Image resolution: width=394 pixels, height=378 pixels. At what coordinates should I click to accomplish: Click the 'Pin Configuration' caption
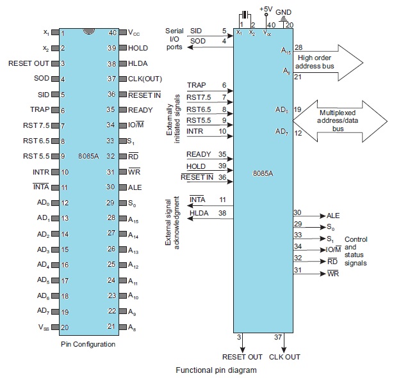pos(88,344)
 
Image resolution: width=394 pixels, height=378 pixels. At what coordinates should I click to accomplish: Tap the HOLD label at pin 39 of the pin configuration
pos(138,48)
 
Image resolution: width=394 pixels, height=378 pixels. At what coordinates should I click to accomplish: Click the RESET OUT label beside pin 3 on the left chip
pos(29,63)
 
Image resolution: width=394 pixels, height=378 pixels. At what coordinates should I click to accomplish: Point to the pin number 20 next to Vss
pos(64,326)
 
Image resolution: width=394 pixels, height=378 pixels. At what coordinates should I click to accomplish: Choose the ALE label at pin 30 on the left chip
pos(135,187)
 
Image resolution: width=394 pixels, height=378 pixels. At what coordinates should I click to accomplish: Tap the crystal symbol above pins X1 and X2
pos(244,15)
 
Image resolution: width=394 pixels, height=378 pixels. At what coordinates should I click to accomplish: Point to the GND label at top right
pos(284,12)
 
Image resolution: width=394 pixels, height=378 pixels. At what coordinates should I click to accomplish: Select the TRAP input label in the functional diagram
pos(196,85)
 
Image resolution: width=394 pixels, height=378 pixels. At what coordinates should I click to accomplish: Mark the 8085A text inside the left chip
pos(88,155)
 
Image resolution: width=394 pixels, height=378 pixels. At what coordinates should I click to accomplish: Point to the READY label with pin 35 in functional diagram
pos(199,154)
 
